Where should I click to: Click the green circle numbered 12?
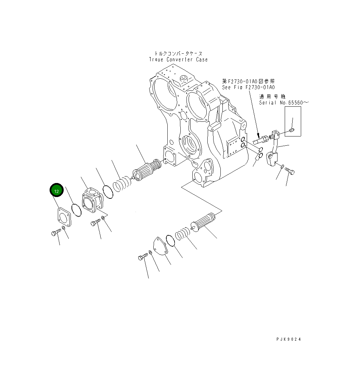pyautogui.click(x=57, y=191)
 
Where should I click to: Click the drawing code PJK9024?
pyautogui.click(x=289, y=339)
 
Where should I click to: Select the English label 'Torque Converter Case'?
pyautogui.click(x=178, y=60)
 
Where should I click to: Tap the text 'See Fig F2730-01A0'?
pyautogui.click(x=248, y=87)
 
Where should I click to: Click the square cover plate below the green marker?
pyautogui.click(x=63, y=217)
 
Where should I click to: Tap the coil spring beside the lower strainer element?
pyautogui.click(x=182, y=235)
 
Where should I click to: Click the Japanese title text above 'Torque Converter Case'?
pyautogui.click(x=178, y=54)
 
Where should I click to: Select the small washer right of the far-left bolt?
pyautogui.click(x=64, y=228)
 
